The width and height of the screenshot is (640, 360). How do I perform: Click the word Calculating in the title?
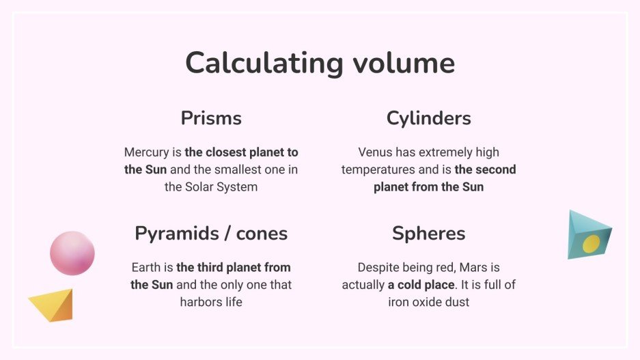click(263, 64)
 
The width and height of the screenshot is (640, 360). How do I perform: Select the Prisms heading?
click(211, 118)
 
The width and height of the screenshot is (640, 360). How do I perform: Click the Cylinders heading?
click(428, 118)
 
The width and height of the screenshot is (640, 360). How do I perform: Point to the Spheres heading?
click(428, 234)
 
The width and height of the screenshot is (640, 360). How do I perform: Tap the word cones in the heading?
click(262, 234)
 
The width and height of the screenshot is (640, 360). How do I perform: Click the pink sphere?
click(72, 253)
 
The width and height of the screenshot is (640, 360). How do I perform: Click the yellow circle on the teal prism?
click(591, 243)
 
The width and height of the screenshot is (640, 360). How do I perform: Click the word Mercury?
click(146, 152)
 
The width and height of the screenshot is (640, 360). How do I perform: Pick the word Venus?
click(376, 152)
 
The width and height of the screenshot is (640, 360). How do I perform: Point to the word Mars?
click(483, 268)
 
